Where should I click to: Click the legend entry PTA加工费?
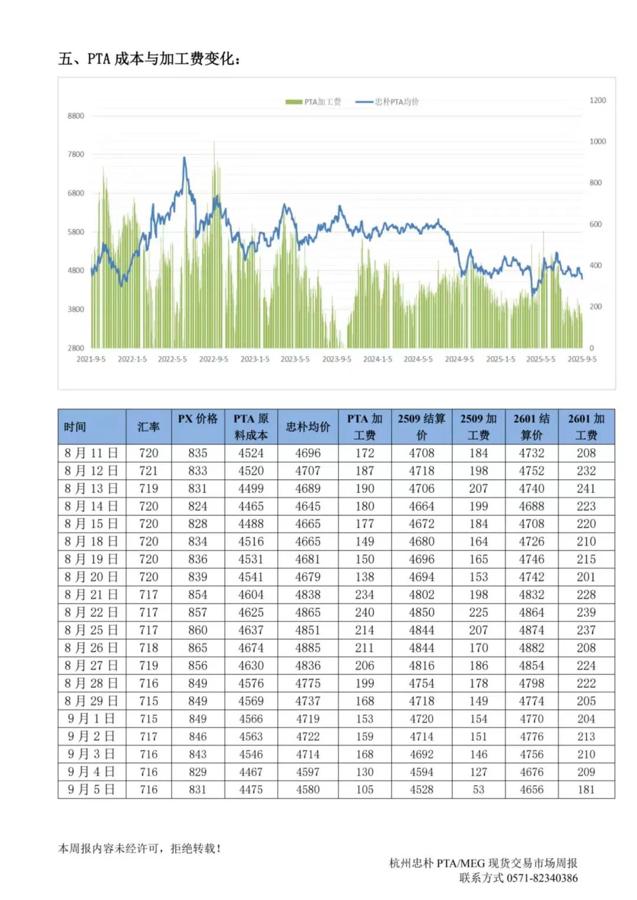pos(314,102)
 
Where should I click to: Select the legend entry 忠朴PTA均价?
pos(389,102)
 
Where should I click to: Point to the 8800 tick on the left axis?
pos(76,116)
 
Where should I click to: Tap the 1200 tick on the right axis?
pos(597,100)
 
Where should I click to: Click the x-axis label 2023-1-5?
pos(255,359)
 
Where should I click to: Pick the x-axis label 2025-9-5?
pos(582,359)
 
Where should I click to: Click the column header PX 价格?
pos(198,419)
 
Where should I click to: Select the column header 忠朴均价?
pos(308,426)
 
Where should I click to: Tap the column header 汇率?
pos(149,426)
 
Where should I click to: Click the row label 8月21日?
pos(91,594)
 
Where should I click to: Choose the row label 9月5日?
pos(91,789)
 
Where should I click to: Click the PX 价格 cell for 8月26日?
pos(198,648)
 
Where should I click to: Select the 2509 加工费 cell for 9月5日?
pos(478,789)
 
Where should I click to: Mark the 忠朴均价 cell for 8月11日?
pos(308,453)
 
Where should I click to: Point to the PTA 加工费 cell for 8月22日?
pos(365,612)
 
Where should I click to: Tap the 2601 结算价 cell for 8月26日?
pos(531,648)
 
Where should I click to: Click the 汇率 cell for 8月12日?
pos(149,471)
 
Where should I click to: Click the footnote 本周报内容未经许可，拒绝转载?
pos(140,849)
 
